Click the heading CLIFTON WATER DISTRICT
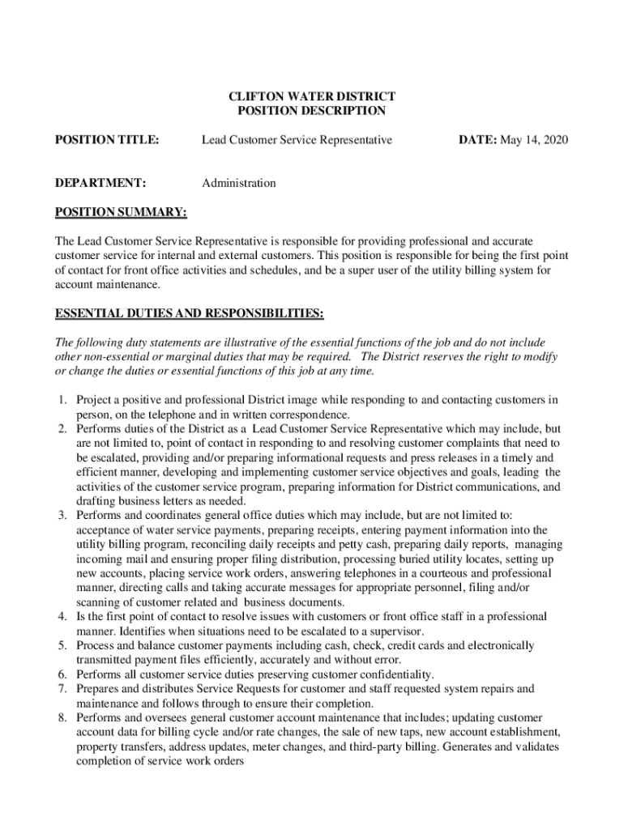coord(312,96)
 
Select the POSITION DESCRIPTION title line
coord(312,111)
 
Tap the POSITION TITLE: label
coord(106,141)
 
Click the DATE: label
coord(477,141)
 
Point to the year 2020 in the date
coord(556,141)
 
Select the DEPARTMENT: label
coord(100,183)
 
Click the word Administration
coord(238,183)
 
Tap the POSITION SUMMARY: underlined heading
coord(121,213)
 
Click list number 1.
coord(62,400)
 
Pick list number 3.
coord(62,515)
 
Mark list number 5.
coord(62,645)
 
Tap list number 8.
coord(62,718)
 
